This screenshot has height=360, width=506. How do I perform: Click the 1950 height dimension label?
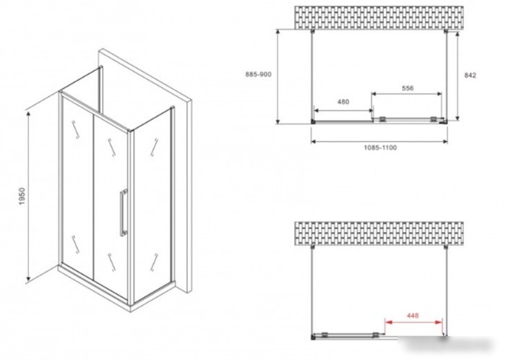tap(22, 196)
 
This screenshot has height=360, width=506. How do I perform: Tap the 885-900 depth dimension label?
tap(258, 74)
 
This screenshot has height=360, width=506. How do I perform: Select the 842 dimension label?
tap(470, 75)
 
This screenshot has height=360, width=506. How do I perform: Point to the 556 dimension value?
tap(408, 87)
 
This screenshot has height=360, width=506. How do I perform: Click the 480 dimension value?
tap(343, 102)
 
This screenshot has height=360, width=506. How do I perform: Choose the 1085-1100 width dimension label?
tap(380, 147)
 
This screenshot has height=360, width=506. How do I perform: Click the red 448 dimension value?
tap(413, 315)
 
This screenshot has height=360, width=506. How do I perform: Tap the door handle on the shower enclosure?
tap(124, 213)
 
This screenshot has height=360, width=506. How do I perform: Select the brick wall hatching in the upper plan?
tap(379, 17)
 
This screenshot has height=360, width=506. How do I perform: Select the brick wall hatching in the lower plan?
tap(379, 233)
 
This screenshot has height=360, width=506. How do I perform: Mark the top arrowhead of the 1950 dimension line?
tap(28, 114)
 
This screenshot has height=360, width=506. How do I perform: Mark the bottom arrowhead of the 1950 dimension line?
tap(28, 278)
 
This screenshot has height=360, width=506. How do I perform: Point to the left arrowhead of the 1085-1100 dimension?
tap(314, 141)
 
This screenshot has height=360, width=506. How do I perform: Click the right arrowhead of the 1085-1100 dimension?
tap(445, 141)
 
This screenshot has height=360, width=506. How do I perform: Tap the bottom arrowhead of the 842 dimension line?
tap(458, 117)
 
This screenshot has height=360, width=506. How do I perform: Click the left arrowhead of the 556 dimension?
tap(374, 94)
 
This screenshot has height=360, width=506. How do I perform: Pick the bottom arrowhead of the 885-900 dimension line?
tap(278, 121)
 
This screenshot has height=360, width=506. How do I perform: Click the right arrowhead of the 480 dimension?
tap(370, 111)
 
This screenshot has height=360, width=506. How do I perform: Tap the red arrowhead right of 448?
tap(439, 322)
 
